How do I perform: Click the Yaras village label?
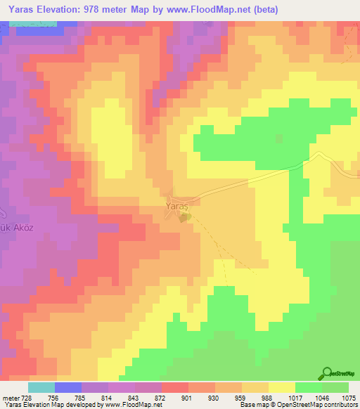179,207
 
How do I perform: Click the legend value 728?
27,398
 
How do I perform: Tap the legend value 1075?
347,398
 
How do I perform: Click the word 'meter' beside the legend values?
11,398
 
